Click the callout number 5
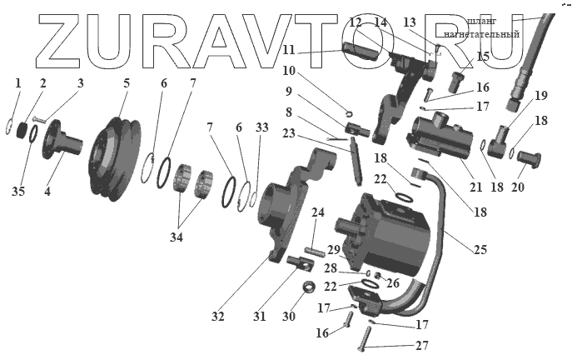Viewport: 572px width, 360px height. coord(126,82)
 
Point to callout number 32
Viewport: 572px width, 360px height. coord(219,317)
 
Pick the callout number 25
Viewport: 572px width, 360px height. coord(480,248)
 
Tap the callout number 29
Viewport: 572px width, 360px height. coord(332,249)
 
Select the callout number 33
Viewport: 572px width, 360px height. coord(262,127)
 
